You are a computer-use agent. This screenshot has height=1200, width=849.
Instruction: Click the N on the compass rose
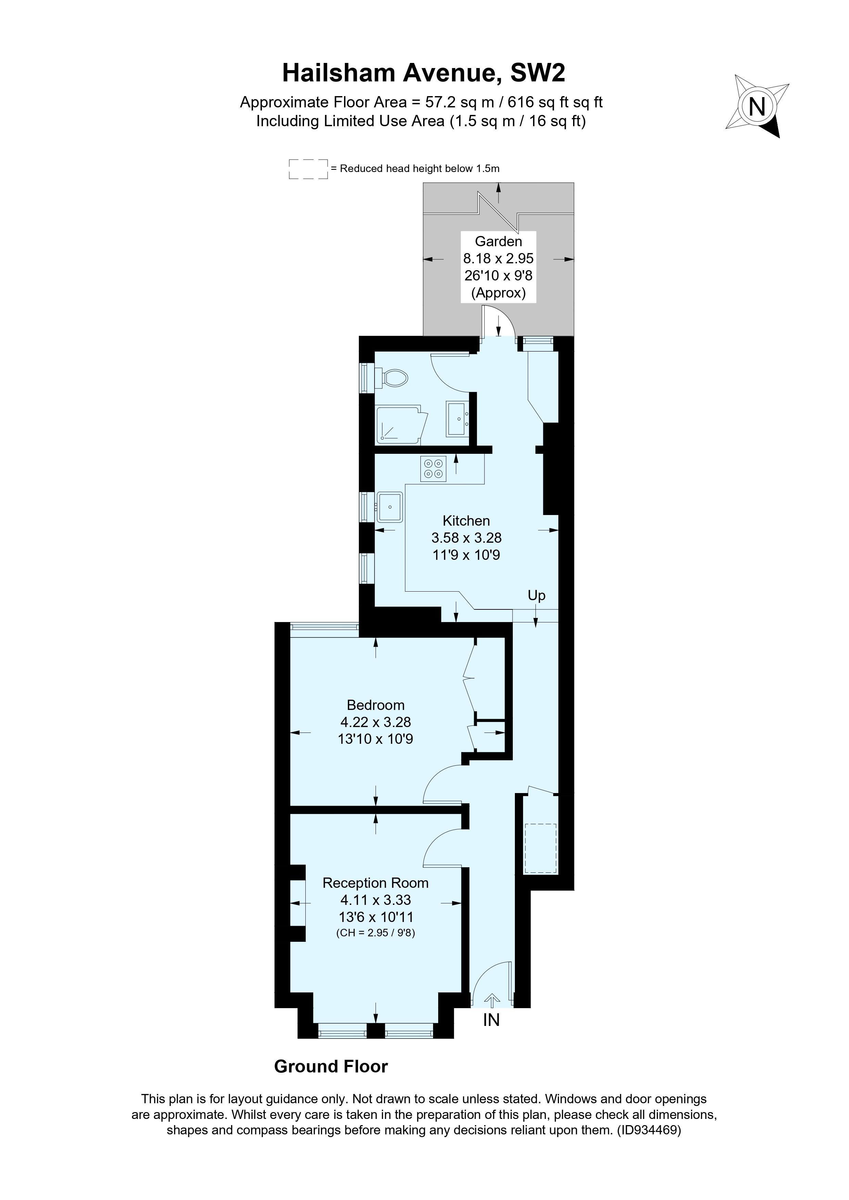click(757, 107)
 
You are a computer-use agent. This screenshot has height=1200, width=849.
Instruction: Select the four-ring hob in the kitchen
click(433, 468)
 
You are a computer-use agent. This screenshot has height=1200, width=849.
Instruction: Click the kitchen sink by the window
click(390, 507)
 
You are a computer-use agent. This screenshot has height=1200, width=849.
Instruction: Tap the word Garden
click(498, 241)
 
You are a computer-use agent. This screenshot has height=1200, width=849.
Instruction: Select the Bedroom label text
click(376, 705)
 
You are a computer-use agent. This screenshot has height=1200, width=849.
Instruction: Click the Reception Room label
click(375, 883)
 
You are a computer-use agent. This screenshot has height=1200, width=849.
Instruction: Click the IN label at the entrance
click(491, 1020)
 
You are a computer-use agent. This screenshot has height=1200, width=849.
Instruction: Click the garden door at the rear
click(498, 321)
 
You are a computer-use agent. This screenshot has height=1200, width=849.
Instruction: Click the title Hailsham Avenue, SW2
click(424, 73)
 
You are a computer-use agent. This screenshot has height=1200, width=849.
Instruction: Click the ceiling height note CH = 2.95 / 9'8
click(375, 933)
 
